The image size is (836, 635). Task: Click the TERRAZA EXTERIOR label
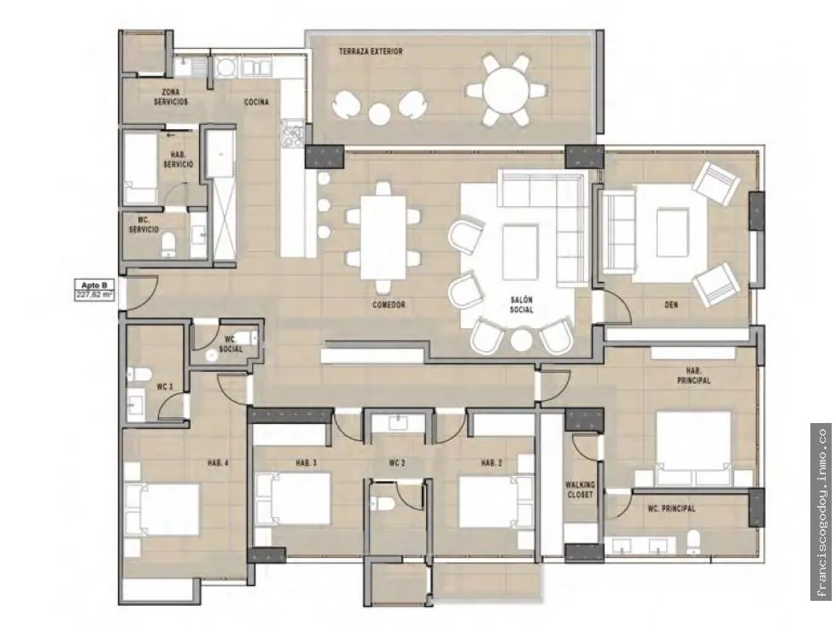371,52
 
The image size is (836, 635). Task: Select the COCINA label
256,102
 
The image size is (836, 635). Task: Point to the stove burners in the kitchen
292,133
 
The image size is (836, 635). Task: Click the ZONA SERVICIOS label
171,97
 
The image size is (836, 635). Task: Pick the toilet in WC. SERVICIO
169,244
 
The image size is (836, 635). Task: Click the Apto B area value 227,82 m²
94,294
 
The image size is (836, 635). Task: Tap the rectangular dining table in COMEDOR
383,238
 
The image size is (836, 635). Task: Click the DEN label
671,305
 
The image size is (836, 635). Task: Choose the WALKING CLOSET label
580,490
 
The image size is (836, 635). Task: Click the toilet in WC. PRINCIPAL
693,542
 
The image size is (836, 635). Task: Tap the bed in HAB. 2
489,502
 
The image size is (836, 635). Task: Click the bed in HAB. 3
293,499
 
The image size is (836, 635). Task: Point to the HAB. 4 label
218,464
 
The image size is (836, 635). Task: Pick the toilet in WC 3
134,375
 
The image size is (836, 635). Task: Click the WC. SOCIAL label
231,344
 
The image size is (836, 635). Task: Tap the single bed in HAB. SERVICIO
141,168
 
